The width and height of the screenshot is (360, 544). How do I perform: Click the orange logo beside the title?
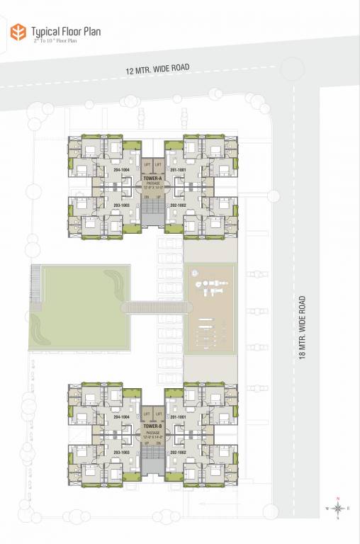pos(17,32)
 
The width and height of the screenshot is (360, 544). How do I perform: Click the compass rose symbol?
pos(339,507)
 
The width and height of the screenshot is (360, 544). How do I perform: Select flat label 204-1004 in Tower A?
pos(121,171)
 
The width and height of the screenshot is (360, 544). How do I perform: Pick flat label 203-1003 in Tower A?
pos(121,204)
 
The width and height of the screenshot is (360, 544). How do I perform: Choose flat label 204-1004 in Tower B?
pos(121,418)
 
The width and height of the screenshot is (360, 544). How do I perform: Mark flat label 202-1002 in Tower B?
pos(177,451)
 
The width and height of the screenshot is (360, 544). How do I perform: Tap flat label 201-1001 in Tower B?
pos(177,418)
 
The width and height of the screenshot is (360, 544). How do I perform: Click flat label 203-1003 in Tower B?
pos(121,451)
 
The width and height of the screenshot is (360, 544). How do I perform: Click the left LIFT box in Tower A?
pos(147,164)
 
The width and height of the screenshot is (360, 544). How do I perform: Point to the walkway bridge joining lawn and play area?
pos(157,307)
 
